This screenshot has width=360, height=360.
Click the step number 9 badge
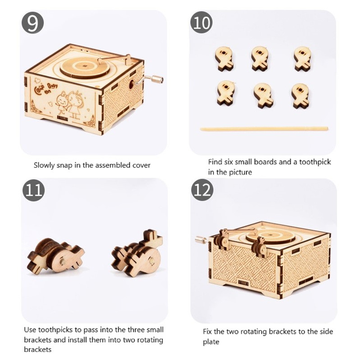(x=32, y=23)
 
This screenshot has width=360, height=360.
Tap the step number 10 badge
(x=201, y=22)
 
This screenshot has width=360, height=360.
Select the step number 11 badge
(x=33, y=190)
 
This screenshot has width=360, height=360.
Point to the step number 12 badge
(x=202, y=190)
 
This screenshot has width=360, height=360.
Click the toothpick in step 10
(x=264, y=129)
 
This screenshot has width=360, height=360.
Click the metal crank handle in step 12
(x=202, y=240)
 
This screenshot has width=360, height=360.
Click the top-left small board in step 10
(x=224, y=58)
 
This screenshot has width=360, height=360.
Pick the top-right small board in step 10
(x=302, y=58)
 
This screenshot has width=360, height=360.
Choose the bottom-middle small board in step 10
(x=263, y=96)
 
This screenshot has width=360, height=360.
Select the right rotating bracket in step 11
(x=137, y=254)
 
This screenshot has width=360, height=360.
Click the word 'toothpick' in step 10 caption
(x=315, y=162)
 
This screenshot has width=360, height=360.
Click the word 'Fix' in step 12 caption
(x=207, y=332)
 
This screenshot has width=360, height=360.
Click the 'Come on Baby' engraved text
(x=45, y=88)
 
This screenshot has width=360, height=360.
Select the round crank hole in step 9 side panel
(x=131, y=84)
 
